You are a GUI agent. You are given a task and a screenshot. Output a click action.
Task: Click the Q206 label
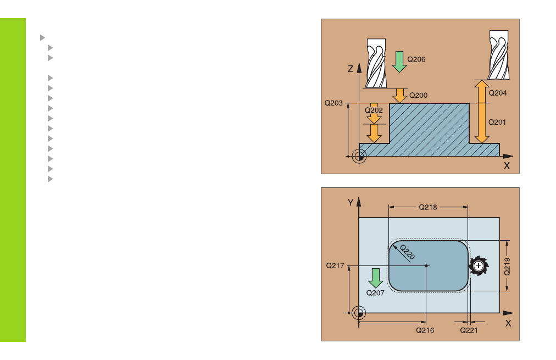click(x=416, y=59)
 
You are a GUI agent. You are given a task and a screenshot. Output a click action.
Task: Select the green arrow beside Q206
click(x=399, y=62)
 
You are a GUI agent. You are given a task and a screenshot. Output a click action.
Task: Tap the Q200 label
click(x=419, y=96)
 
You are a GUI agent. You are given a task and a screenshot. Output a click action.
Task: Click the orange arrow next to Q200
click(x=400, y=96)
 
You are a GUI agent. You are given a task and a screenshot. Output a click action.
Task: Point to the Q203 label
click(x=333, y=103)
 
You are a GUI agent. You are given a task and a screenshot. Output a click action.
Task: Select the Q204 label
click(x=498, y=93)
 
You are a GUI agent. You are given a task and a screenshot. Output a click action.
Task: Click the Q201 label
click(x=497, y=123)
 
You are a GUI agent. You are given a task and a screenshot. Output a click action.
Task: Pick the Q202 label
click(x=374, y=110)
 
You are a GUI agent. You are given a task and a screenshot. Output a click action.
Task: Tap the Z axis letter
click(x=351, y=69)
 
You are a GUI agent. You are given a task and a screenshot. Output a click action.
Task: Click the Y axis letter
click(x=351, y=202)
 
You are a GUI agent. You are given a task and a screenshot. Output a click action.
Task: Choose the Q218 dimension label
click(x=428, y=207)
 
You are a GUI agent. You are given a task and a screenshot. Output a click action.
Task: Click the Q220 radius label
click(x=407, y=252)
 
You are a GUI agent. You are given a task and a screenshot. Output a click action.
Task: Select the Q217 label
click(x=335, y=265)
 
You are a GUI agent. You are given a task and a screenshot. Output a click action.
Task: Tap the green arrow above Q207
click(x=375, y=278)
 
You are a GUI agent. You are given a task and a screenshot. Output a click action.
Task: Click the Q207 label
click(x=375, y=293)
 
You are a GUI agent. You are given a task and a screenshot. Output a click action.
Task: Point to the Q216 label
click(x=425, y=330)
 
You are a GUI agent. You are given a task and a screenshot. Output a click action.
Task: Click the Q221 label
click(x=469, y=330)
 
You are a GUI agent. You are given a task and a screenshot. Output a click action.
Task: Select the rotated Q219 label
click(x=508, y=267)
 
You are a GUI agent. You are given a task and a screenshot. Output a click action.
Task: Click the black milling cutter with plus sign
click(x=479, y=265)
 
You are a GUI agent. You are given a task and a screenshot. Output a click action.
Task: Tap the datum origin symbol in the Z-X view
click(x=359, y=157)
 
